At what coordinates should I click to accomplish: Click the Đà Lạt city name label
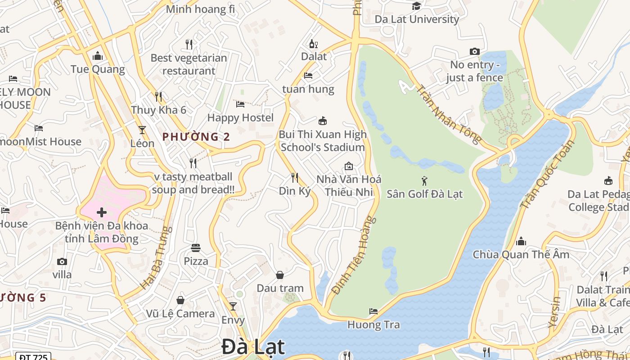coord(253,347)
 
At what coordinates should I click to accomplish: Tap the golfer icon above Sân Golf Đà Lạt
coord(424,181)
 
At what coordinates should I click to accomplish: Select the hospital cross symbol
coord(102,212)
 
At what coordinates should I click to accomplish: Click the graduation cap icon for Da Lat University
coord(417,6)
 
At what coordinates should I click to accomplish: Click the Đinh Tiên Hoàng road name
coord(354,255)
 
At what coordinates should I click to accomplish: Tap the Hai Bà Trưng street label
coord(157,257)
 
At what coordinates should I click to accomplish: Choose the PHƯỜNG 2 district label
coord(196,137)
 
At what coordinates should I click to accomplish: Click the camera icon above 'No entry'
coord(474,52)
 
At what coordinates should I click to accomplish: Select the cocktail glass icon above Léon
coord(142,130)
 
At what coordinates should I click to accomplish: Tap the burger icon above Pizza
coord(196,247)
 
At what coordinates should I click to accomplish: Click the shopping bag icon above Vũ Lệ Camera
coord(180,300)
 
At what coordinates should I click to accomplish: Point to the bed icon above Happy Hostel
coord(240,104)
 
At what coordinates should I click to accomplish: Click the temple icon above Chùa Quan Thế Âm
coord(521,241)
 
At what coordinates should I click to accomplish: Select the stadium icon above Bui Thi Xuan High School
coord(322,121)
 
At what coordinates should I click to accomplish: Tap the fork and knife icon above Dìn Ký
coord(295,178)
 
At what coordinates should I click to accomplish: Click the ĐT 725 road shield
coord(33,357)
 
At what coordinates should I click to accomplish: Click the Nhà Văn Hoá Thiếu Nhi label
coord(349,185)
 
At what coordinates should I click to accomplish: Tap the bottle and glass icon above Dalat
coord(313,44)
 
